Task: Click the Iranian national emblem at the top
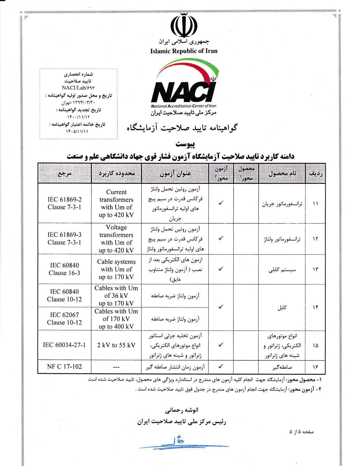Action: [x=184, y=25]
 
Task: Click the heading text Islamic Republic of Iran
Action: [x=184, y=51]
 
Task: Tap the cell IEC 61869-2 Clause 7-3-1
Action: [x=64, y=203]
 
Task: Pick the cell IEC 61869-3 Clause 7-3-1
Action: [x=64, y=239]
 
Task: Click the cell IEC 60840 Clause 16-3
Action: [x=64, y=269]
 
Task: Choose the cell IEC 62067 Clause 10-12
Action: [x=64, y=319]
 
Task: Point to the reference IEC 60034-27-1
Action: [x=64, y=345]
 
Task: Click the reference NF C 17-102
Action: [x=64, y=367]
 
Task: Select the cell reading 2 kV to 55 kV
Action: [x=116, y=345]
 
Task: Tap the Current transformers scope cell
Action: [x=116, y=203]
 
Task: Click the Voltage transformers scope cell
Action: [x=116, y=239]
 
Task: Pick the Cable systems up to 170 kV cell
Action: [x=116, y=269]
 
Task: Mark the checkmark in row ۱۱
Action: [x=221, y=203]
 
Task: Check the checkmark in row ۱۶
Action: [x=221, y=367]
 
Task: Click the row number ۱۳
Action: [x=315, y=269]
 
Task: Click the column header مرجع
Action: [x=65, y=173]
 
